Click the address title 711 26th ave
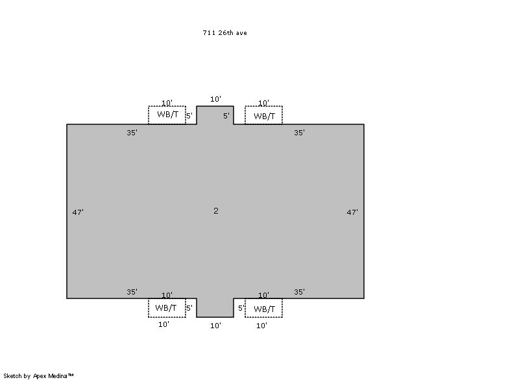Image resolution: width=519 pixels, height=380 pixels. click(x=224, y=32)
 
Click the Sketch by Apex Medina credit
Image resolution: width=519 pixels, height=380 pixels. click(x=38, y=375)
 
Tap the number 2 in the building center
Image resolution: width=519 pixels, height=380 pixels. click(x=216, y=210)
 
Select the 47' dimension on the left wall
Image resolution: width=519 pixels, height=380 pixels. click(x=78, y=212)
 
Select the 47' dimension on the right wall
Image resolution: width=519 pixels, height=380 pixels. click(x=352, y=212)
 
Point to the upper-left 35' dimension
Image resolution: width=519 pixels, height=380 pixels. click(x=132, y=133)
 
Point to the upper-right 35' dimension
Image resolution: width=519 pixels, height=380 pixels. click(x=299, y=133)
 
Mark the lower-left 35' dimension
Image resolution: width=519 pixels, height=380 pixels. click(x=132, y=292)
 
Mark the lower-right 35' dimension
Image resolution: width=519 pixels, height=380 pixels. click(x=299, y=292)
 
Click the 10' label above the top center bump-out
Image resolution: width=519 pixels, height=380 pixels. click(x=215, y=99)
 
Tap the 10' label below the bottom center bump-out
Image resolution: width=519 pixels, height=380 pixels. click(x=215, y=326)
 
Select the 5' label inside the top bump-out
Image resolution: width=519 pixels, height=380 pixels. click(x=226, y=116)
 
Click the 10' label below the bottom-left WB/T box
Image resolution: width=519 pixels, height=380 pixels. click(x=163, y=324)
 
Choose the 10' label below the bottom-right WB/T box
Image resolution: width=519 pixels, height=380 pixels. click(x=261, y=326)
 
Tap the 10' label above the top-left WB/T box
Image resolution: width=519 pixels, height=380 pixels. click(x=167, y=103)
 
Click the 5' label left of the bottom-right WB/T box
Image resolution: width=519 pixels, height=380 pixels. click(x=241, y=308)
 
